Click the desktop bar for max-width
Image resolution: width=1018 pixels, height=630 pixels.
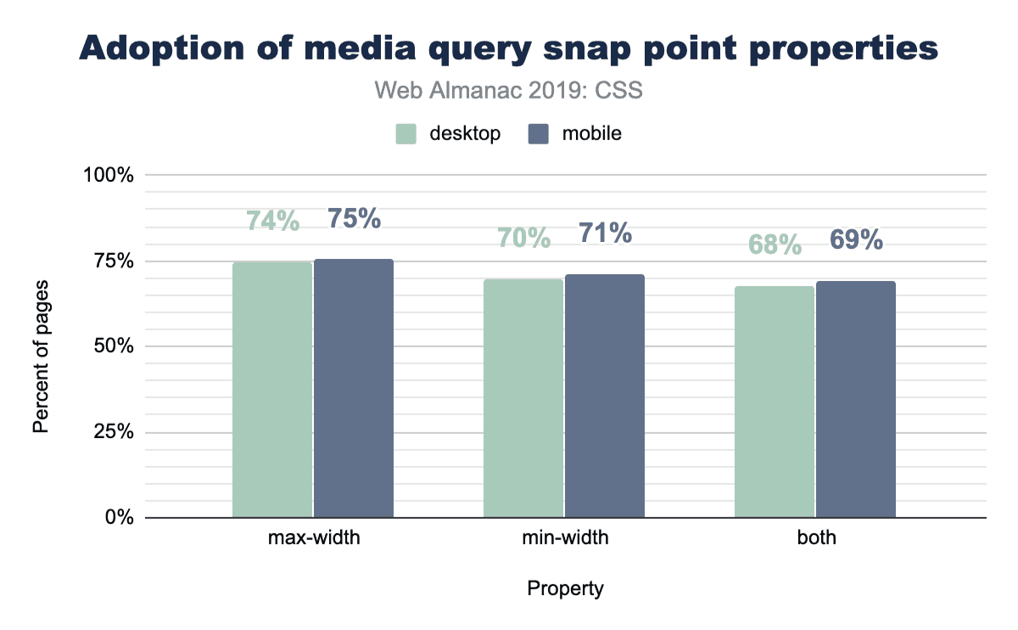(272, 390)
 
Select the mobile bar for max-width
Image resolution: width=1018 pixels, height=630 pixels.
(354, 388)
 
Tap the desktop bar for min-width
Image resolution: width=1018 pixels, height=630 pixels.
(523, 398)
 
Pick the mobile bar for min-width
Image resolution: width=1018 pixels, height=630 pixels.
(605, 396)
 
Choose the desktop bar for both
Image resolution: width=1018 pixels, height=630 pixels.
(775, 402)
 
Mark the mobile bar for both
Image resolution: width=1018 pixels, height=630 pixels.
(856, 399)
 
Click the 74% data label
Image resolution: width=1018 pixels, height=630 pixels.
(272, 221)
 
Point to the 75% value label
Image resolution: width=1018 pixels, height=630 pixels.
(354, 218)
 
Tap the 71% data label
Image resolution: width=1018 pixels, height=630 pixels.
(605, 233)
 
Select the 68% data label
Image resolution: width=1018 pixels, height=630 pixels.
(775, 245)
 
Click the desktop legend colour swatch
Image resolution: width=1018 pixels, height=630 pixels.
(407, 134)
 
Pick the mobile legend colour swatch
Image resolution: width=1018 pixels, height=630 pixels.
(538, 134)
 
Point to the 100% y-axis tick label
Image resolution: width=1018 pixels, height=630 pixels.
(109, 176)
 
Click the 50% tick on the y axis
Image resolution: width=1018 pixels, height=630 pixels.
(114, 346)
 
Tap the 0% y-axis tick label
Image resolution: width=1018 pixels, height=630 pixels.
(120, 517)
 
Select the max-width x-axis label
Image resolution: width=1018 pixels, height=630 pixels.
(313, 538)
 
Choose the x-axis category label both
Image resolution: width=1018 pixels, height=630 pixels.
(816, 538)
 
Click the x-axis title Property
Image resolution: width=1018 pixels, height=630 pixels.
(566, 588)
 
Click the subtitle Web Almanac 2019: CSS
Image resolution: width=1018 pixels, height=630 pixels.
(508, 91)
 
